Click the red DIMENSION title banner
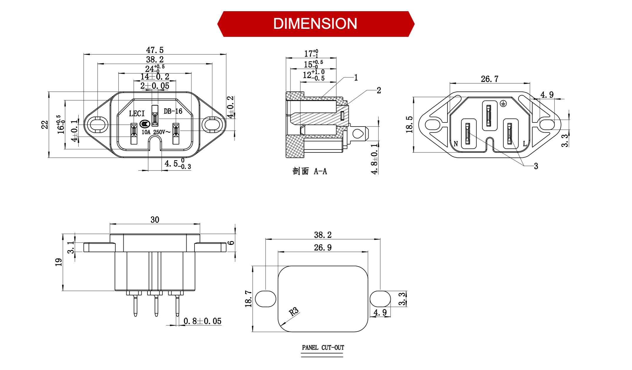[x=315, y=24]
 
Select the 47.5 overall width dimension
[x=155, y=50]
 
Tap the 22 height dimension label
[x=44, y=125]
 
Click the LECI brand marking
[x=137, y=114]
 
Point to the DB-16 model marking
[x=173, y=111]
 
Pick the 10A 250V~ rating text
[x=156, y=132]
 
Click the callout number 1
[x=356, y=78]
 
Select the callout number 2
[x=379, y=90]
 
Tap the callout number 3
[x=536, y=166]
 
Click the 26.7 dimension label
[x=490, y=79]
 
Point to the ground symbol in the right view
[x=503, y=104]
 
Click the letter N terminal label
[x=456, y=144]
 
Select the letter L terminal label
[x=525, y=144]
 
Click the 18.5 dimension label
[x=409, y=125]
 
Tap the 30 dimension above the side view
[x=155, y=220]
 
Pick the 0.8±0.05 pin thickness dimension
[x=202, y=321]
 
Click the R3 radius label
[x=294, y=311]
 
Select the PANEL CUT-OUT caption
[x=323, y=348]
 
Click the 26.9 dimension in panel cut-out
[x=322, y=248]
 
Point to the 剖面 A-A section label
[x=310, y=171]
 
